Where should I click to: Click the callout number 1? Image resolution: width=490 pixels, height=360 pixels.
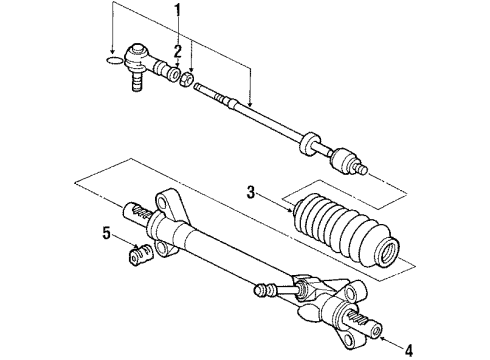pos(178,10)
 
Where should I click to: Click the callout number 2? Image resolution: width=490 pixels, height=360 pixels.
pos(178,51)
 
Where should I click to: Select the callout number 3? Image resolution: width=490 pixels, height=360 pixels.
pos(251,192)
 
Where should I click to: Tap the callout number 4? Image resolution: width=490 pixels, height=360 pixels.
pos(409,350)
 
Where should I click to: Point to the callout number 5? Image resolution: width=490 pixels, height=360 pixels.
pos(106,233)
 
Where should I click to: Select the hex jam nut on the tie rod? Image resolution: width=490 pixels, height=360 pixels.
pos(186,79)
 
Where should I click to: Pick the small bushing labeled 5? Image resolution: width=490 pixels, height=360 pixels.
pos(140,255)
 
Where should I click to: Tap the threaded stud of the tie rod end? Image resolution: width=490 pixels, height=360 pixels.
pos(137,82)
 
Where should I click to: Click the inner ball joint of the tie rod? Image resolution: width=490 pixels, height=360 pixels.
pos(343,161)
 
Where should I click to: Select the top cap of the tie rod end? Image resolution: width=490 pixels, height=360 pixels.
pos(137,49)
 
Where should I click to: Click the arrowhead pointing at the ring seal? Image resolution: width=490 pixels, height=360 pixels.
pos(113,52)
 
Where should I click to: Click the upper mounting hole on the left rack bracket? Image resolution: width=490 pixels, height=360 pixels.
pos(163,202)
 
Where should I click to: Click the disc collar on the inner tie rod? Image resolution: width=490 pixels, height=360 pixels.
pos(308,143)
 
